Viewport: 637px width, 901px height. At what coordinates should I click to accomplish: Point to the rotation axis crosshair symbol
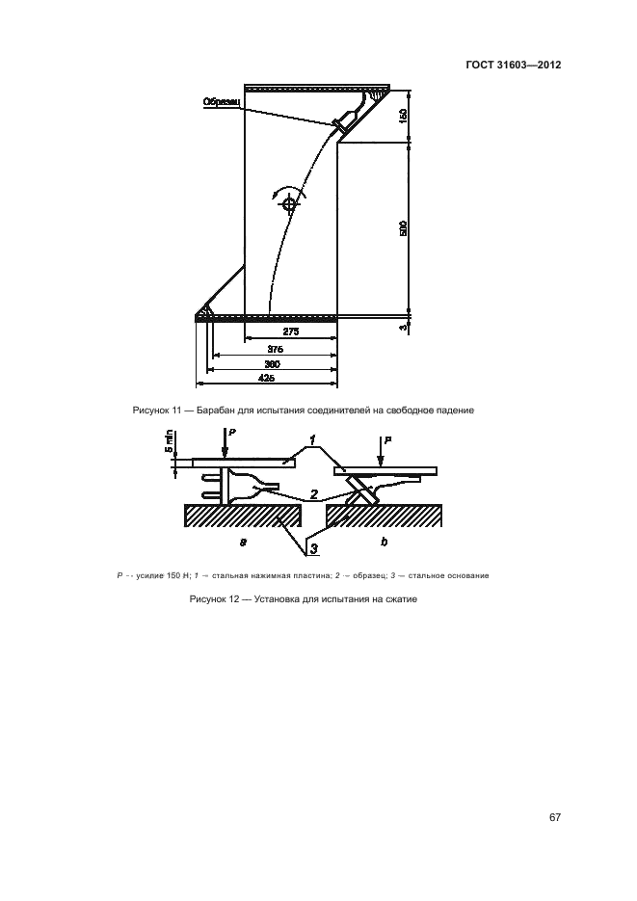288,202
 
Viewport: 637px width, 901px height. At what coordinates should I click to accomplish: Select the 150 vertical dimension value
404,116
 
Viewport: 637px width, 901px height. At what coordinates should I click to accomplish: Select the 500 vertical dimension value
404,228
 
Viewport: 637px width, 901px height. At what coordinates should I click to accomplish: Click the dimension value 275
291,331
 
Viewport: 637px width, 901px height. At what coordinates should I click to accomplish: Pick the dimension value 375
275,349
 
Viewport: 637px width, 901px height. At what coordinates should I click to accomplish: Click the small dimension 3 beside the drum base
404,329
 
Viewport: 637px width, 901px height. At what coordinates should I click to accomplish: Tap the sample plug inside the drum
345,120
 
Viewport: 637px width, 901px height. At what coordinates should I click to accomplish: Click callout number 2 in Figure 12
314,494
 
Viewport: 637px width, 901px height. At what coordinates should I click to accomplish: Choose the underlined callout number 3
314,549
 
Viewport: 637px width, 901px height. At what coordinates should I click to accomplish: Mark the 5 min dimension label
168,443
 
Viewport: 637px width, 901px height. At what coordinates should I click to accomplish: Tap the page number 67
555,817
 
